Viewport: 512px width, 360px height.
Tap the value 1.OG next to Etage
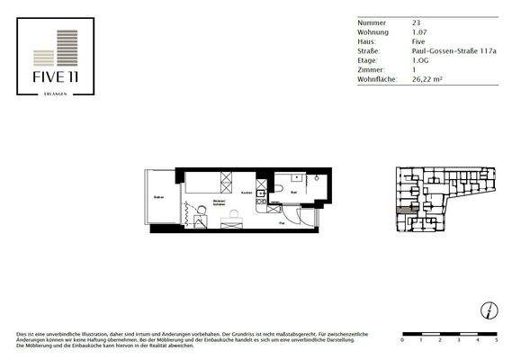409,59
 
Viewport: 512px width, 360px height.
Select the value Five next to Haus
406,42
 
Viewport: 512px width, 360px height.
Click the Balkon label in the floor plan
158,197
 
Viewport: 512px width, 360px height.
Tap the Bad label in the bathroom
294,192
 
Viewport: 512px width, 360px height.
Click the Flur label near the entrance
282,220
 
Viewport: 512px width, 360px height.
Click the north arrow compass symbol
487,310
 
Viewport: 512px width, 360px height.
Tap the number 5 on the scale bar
497,342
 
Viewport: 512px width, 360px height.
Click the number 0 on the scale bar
403,342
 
